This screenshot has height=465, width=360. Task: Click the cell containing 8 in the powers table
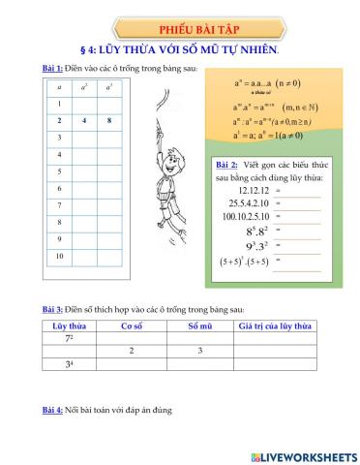pos(109,121)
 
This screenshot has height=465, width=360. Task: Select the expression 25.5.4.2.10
pos(245,206)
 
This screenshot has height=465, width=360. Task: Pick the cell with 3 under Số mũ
pos(199,350)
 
